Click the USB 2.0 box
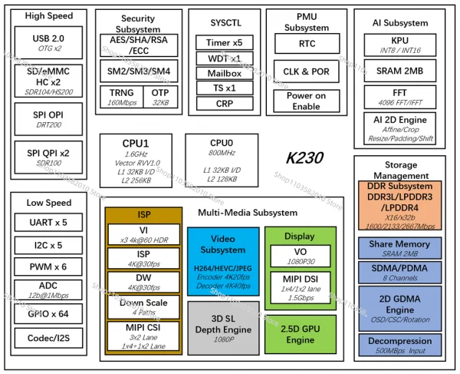coord(48,42)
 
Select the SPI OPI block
coord(48,120)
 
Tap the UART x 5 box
coord(49,222)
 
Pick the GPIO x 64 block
coord(49,313)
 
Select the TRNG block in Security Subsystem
coord(121,97)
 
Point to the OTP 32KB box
coord(160,97)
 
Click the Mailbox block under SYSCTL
coord(224,73)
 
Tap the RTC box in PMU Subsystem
coord(306,45)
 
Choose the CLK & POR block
coord(306,73)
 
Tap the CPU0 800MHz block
coord(221,160)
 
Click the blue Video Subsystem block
coord(223,261)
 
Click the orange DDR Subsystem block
coord(399,204)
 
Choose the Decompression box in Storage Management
coord(399,344)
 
